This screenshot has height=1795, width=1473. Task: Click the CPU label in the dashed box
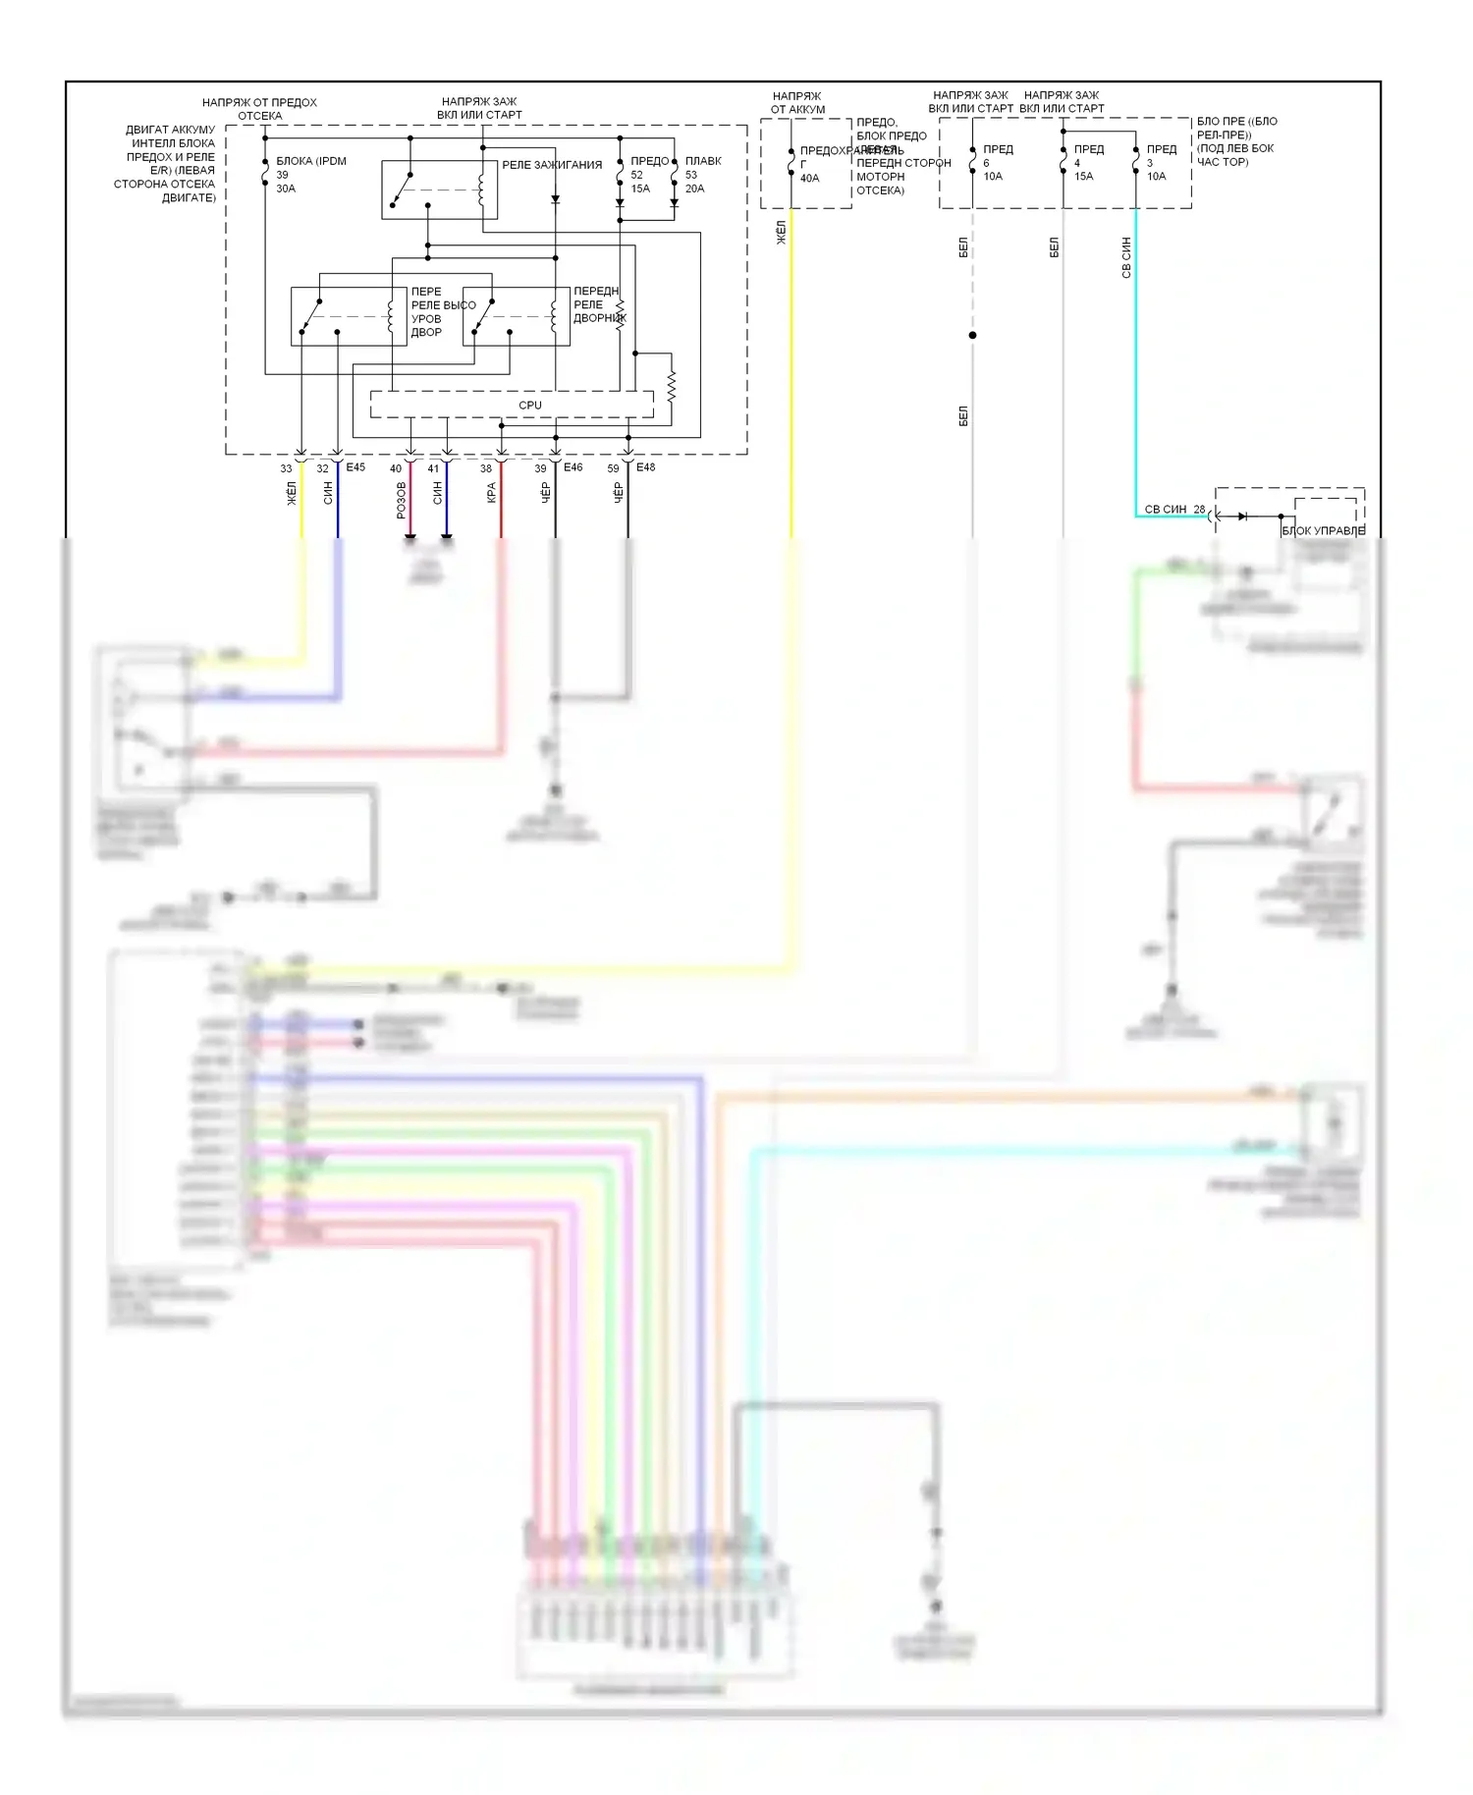click(x=529, y=405)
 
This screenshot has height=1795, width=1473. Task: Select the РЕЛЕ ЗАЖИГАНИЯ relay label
click(x=552, y=165)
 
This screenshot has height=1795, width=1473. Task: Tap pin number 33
click(x=286, y=469)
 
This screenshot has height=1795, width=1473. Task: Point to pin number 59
click(x=613, y=469)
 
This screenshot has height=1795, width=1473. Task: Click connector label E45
click(x=355, y=467)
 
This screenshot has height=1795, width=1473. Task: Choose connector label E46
click(x=573, y=467)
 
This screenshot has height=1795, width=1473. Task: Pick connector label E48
click(x=645, y=467)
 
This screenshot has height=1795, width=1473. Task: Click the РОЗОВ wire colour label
click(x=401, y=500)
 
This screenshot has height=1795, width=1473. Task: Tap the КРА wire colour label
click(x=491, y=493)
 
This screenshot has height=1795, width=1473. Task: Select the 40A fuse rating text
click(x=809, y=179)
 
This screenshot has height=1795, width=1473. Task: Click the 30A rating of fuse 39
click(x=286, y=189)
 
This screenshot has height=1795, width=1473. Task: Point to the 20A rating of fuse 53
click(x=694, y=189)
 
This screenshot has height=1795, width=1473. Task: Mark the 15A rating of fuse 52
click(x=640, y=189)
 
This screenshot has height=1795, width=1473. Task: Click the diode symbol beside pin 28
click(x=1243, y=516)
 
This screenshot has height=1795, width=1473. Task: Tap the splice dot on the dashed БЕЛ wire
click(x=972, y=336)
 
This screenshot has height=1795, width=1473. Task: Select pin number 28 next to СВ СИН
click(x=1199, y=510)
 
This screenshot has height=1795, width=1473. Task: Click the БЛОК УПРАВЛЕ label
click(x=1323, y=531)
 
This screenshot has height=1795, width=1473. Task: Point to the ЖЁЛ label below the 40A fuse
click(x=782, y=233)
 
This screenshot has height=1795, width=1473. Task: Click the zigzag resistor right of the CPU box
click(x=672, y=387)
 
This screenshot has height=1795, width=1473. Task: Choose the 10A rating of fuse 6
click(x=993, y=177)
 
